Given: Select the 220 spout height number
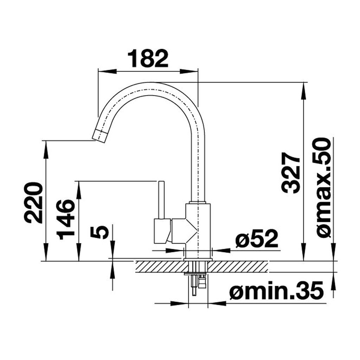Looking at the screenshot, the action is pyautogui.click(x=34, y=203).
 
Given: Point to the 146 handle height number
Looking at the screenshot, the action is pyautogui.click(x=66, y=219).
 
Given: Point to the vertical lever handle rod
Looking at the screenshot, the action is pyautogui.click(x=162, y=200).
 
